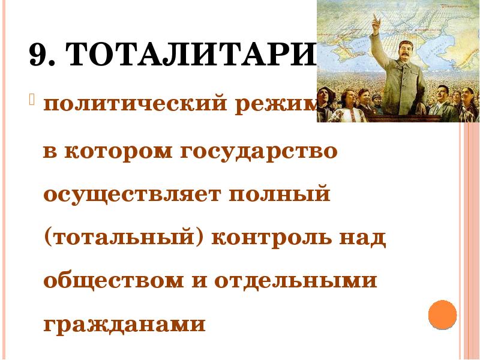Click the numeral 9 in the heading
click(38, 58)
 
